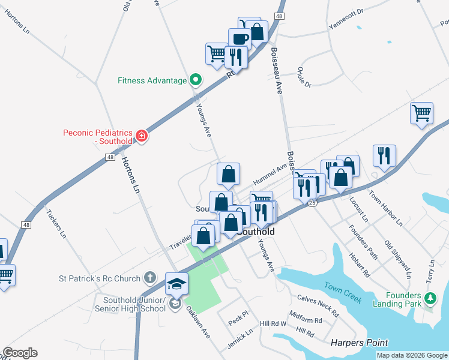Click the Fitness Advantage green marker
click(x=195, y=80)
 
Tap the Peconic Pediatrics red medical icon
click(x=142, y=136)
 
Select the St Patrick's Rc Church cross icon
click(x=150, y=278)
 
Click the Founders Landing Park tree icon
click(x=430, y=298)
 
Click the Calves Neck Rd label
click(x=318, y=306)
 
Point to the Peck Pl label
click(x=238, y=322)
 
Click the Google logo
click(x=20, y=353)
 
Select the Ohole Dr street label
click(x=304, y=77)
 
